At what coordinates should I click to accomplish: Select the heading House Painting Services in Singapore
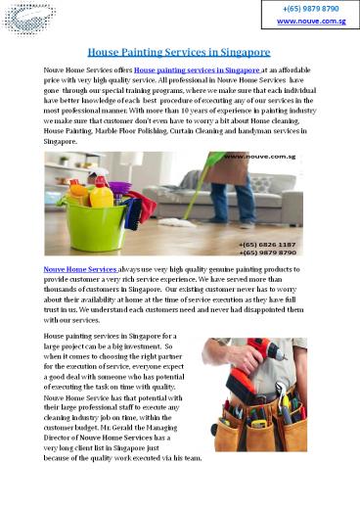click(180, 50)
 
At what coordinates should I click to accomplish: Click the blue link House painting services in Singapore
click(197, 71)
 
